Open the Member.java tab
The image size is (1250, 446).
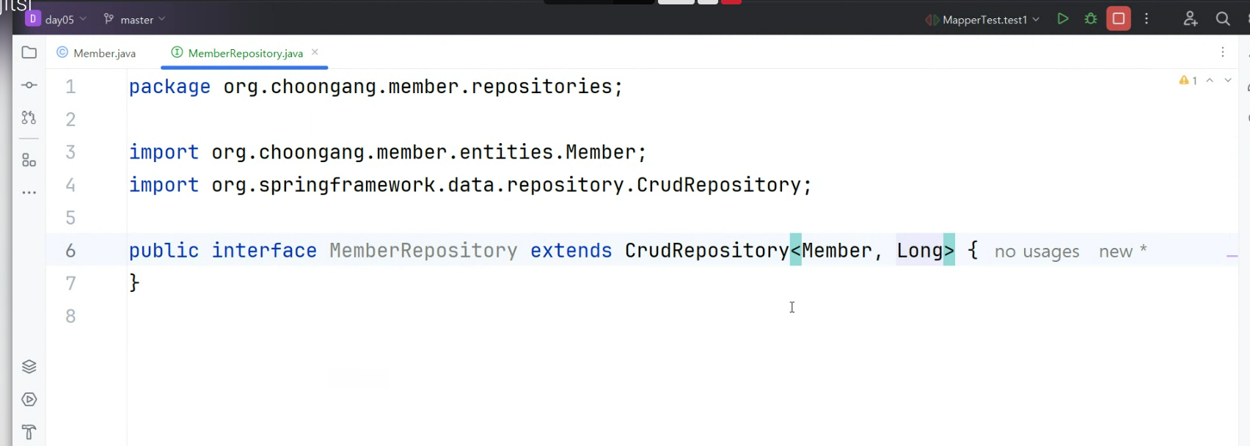tap(104, 54)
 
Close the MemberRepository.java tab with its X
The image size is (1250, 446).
tap(315, 52)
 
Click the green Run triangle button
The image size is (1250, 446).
tap(1062, 19)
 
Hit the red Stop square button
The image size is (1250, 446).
tap(1118, 19)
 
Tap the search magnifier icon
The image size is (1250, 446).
tap(1222, 19)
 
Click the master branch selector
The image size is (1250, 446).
tap(136, 20)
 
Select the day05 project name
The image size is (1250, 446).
tap(59, 20)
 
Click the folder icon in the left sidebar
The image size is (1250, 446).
tap(29, 53)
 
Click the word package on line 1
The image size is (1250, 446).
tap(169, 87)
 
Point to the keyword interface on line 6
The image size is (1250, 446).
tap(264, 251)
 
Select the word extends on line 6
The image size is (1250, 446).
tap(571, 251)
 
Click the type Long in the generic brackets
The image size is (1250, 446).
tap(919, 251)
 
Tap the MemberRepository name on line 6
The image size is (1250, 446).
tap(423, 251)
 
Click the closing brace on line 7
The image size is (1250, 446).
tap(134, 282)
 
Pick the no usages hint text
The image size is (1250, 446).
tap(1037, 252)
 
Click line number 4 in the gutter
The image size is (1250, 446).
tap(70, 185)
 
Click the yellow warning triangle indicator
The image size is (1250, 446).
tap(1183, 81)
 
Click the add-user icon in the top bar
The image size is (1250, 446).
tap(1190, 19)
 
